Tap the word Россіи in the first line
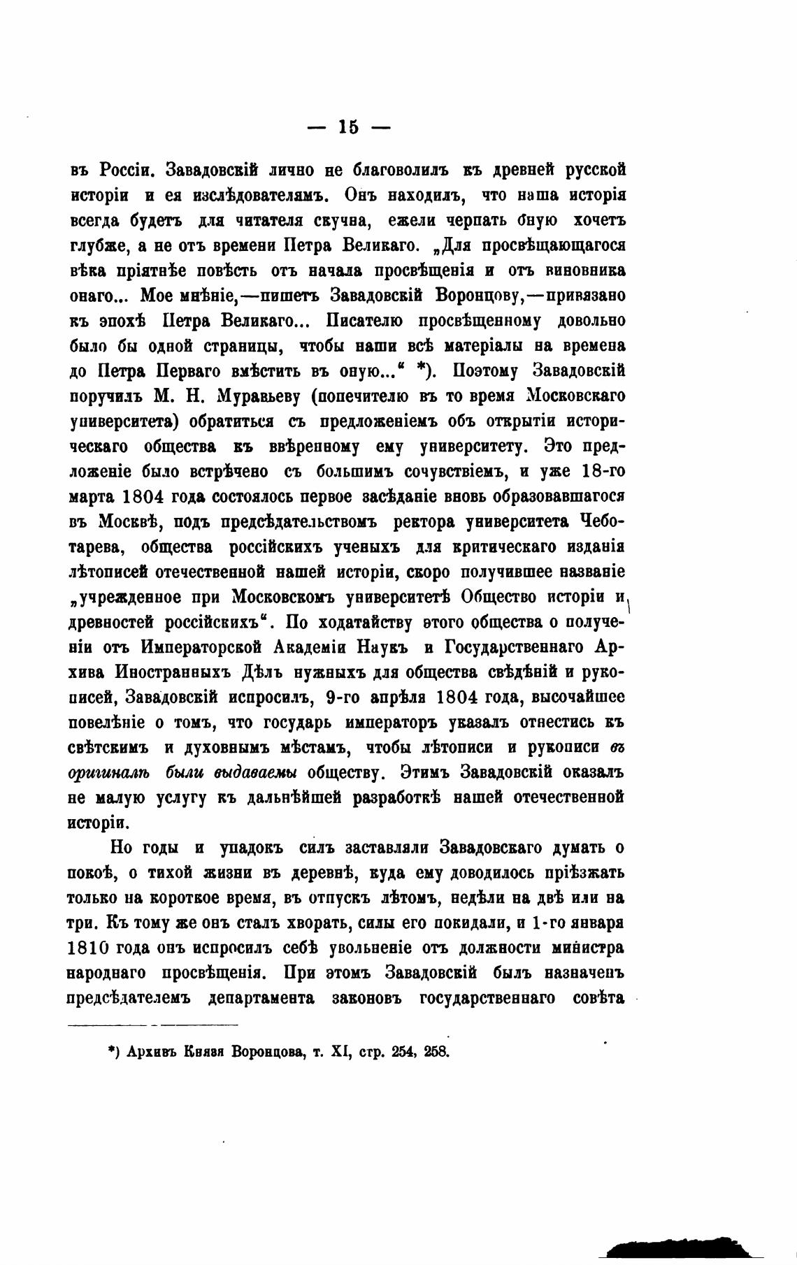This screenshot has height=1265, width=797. point(124,170)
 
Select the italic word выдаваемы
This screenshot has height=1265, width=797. point(257,773)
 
